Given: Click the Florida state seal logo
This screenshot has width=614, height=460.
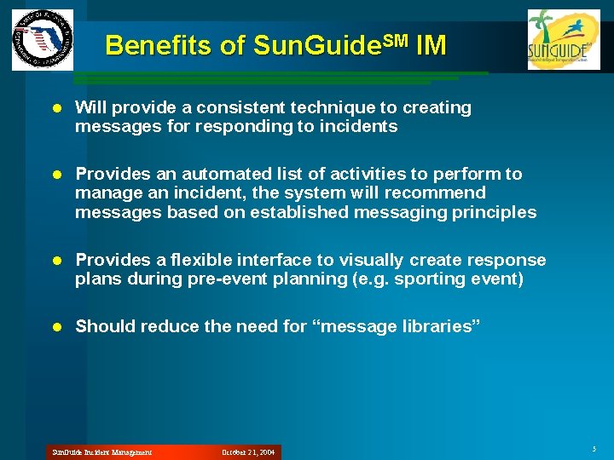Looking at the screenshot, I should pyautogui.click(x=43, y=40).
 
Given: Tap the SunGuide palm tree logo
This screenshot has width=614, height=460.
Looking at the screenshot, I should pyautogui.click(x=558, y=40).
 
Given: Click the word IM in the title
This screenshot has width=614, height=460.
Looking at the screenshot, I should pyautogui.click(x=431, y=45).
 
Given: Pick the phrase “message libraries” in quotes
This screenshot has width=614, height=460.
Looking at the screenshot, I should pyautogui.click(x=398, y=326).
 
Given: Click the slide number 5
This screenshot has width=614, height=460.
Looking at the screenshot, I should pyautogui.click(x=593, y=449).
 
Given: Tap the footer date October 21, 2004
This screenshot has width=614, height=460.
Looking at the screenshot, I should pyautogui.click(x=248, y=452).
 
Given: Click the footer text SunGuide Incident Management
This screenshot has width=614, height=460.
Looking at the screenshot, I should pyautogui.click(x=101, y=452).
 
